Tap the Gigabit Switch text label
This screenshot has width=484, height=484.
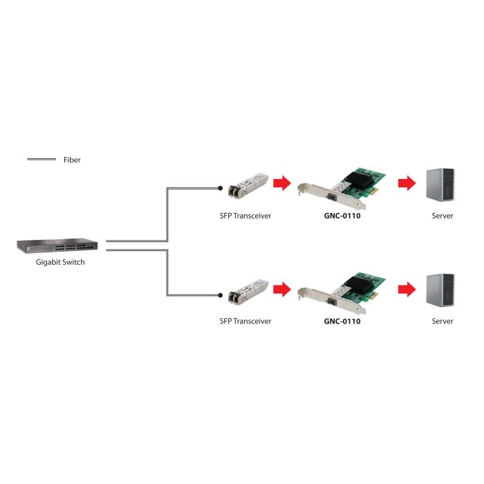click(x=60, y=263)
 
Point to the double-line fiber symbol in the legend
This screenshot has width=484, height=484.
click(x=41, y=160)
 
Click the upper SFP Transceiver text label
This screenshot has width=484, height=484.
click(x=245, y=216)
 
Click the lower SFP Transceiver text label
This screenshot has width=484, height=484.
click(x=245, y=321)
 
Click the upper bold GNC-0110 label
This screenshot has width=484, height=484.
click(x=342, y=216)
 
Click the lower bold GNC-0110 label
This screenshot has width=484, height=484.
click(x=342, y=321)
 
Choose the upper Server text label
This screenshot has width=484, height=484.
click(x=443, y=216)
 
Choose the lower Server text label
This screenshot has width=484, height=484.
click(x=443, y=321)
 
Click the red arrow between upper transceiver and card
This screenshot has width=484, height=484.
click(x=281, y=183)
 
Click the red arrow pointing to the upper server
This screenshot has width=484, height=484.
click(x=407, y=183)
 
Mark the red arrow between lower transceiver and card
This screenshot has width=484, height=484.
click(x=281, y=288)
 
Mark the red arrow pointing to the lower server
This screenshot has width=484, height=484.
click(x=407, y=288)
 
